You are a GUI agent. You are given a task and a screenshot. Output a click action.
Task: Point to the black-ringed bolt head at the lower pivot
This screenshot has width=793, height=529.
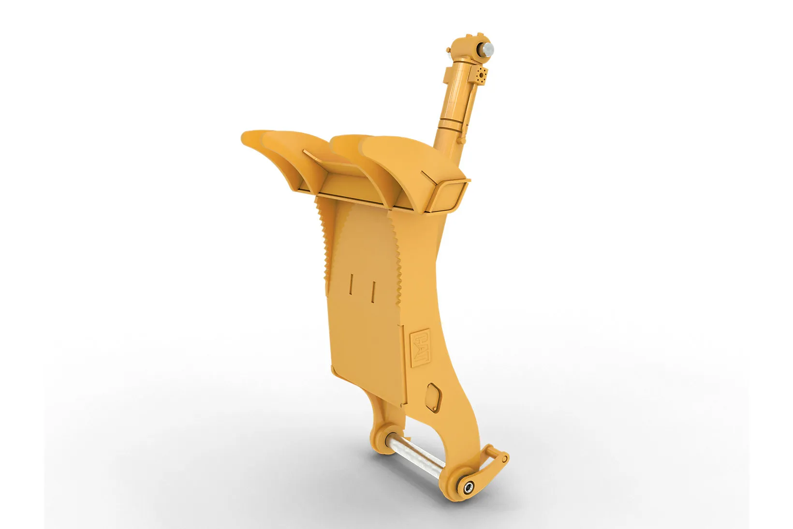pyautogui.click(x=469, y=488)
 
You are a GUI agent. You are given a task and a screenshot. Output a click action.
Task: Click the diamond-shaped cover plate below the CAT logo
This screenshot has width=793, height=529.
pyautogui.click(x=433, y=397)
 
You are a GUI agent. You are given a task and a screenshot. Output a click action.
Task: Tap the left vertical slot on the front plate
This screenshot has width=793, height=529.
pyautogui.click(x=351, y=284)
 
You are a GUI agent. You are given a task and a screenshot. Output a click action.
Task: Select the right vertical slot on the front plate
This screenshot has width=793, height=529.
pyautogui.click(x=373, y=292)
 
